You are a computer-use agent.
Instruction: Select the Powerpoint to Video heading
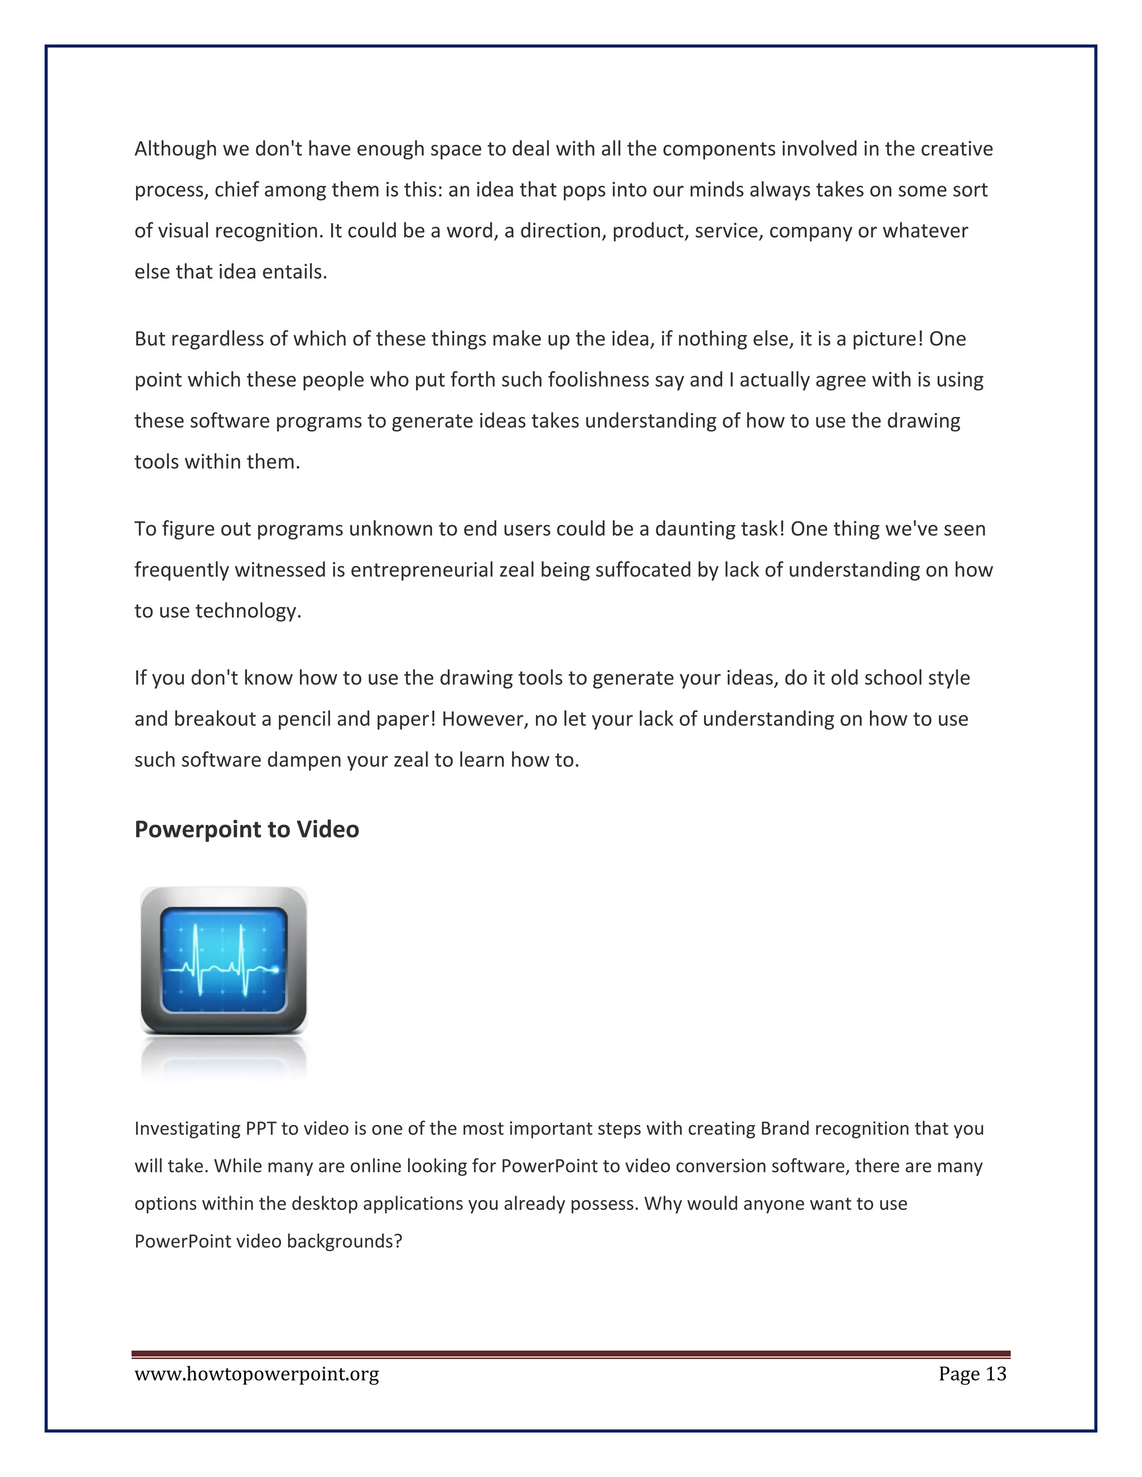click(246, 830)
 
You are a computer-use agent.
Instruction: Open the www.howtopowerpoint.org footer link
click(257, 1374)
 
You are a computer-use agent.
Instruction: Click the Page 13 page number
click(972, 1374)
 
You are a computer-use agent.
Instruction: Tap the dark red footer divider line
click(570, 1354)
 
